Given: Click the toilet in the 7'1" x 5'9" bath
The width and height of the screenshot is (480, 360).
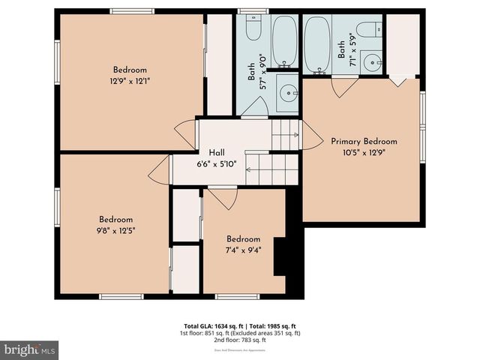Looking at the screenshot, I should pos(367,31).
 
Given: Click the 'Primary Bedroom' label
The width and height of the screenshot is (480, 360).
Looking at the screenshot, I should pos(364,142).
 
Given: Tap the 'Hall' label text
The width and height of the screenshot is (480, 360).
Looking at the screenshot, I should pos(217,151).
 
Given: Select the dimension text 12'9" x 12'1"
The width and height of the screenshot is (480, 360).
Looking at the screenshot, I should pos(130,82).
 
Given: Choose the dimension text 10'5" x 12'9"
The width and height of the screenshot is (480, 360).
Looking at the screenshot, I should pos(364,155).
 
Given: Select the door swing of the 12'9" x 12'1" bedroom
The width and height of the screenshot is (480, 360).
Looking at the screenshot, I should pos(185,133).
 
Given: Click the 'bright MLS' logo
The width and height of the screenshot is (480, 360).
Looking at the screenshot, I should pos(30,349).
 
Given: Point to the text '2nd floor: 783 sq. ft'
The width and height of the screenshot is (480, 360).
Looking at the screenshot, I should pos(238,340).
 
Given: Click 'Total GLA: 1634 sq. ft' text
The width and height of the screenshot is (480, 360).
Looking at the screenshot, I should pos(208,325).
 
